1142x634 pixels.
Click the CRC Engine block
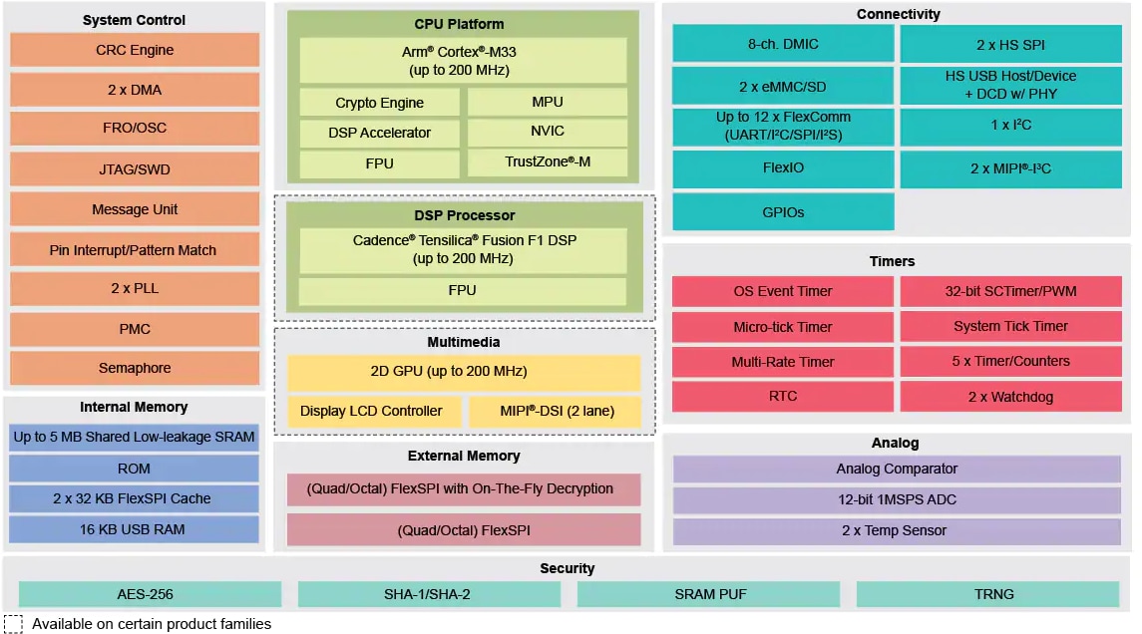[x=135, y=50]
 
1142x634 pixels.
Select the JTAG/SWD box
[x=135, y=169]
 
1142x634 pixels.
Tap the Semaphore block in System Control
[x=135, y=368]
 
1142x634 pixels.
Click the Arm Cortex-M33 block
[x=463, y=61]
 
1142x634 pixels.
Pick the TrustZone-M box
[x=548, y=161]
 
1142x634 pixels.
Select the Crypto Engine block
[x=379, y=103]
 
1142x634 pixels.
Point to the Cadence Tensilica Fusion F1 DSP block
[x=463, y=250]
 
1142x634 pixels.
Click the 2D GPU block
[x=463, y=372]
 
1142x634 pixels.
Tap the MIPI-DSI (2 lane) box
[x=557, y=411]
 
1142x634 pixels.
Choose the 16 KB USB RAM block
[x=134, y=529]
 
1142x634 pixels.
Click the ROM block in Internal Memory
[x=134, y=469]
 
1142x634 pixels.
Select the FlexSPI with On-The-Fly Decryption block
[x=463, y=489]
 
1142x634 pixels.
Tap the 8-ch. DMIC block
[x=783, y=45]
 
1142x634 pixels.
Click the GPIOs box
[x=783, y=212]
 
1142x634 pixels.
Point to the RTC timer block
[x=783, y=396]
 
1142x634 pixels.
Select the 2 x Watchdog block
[x=1010, y=397]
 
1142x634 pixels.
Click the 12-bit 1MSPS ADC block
[x=897, y=499]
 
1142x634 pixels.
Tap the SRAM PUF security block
[x=709, y=594]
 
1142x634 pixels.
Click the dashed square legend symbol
[x=14, y=624]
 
